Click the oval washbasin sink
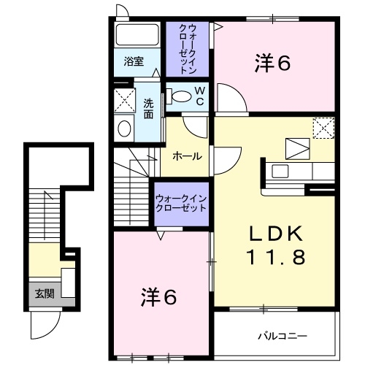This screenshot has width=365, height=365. (x=124, y=129)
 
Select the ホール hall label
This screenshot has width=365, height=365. (x=188, y=156)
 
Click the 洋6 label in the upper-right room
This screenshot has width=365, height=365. (x=273, y=64)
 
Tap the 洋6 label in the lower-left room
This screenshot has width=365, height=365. (x=159, y=296)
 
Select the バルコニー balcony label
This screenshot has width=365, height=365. (x=281, y=337)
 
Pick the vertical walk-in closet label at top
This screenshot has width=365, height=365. (x=188, y=49)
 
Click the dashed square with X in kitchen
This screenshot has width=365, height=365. (x=322, y=128)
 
